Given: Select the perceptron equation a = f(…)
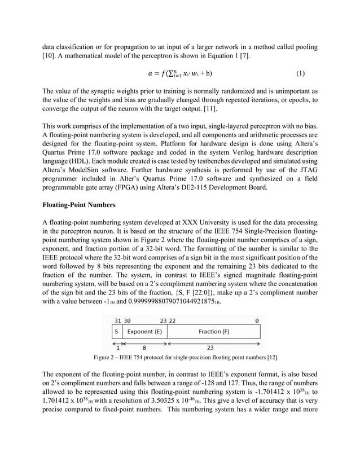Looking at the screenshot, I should pyautogui.click(x=180, y=73).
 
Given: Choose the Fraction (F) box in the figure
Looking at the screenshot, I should pyautogui.click(x=213, y=332).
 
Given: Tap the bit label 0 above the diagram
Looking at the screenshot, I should pyautogui.click(x=257, y=320).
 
